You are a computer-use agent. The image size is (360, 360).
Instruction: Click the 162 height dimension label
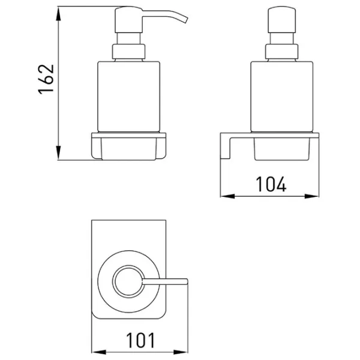click(46, 79)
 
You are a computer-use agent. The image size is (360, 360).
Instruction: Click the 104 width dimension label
click(271, 184)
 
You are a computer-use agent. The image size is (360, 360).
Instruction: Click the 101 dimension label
click(140, 340)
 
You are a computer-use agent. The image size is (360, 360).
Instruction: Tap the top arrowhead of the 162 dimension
click(59, 14)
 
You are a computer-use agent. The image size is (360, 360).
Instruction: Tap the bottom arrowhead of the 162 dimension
click(59, 152)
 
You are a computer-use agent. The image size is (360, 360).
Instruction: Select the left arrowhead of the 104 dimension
click(227, 196)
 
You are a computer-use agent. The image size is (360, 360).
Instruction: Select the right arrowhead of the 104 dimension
click(312, 196)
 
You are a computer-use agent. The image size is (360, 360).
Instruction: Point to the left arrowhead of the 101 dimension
click(99, 352)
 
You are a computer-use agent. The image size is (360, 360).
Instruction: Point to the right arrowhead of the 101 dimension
click(181, 352)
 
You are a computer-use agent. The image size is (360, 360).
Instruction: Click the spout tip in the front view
click(185, 20)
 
